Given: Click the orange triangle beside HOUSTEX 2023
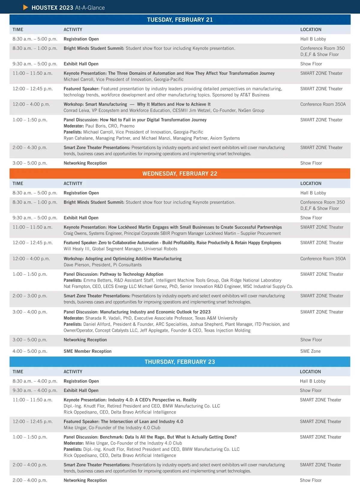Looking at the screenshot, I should tap(26, 8).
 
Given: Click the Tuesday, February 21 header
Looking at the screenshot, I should tap(180, 20).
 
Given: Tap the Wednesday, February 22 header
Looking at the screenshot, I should tap(180, 174).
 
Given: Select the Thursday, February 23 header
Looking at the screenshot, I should tap(180, 362).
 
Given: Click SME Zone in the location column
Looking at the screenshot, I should tap(310, 351).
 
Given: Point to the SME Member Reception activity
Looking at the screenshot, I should tap(87, 351).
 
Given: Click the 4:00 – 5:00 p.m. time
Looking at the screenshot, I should tap(30, 351).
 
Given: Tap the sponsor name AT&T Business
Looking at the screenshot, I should tap(255, 95).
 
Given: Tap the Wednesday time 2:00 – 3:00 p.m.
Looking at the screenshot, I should tap(30, 296).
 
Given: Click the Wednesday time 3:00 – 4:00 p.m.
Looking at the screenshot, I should tap(30, 312).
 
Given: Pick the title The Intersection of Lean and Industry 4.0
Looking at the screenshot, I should tap(142, 422).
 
